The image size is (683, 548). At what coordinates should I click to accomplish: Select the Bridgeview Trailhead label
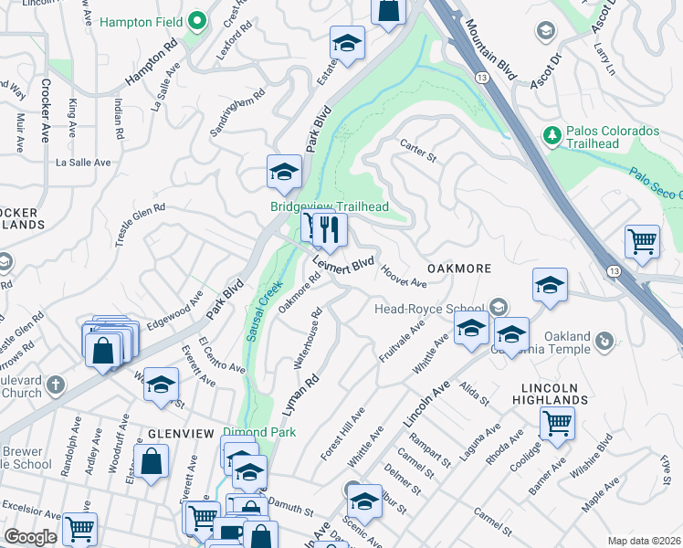click(330, 206)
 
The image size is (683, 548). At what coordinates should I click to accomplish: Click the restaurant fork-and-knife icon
click(331, 231)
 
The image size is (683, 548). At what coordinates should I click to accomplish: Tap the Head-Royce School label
click(429, 309)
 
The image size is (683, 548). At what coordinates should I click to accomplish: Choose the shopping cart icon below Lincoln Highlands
click(556, 424)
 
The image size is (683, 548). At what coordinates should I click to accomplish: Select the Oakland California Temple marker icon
click(603, 342)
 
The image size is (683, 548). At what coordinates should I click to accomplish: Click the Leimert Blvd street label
click(343, 264)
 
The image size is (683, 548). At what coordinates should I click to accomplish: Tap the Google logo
click(30, 537)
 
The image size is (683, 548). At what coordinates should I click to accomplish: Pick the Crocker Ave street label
click(45, 110)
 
